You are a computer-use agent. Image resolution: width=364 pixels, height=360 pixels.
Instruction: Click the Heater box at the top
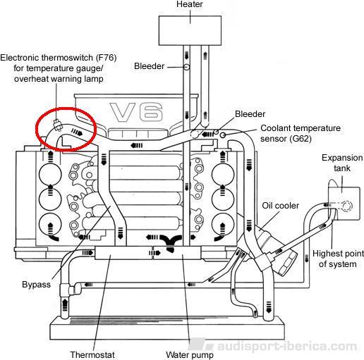pyautogui.click(x=190, y=30)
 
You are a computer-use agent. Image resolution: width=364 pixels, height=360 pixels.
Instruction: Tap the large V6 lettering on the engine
pyautogui.click(x=137, y=112)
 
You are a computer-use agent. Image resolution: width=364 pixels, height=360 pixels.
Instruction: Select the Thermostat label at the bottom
pyautogui.click(x=92, y=355)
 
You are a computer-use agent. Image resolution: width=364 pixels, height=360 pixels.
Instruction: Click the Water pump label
pyautogui.click(x=190, y=355)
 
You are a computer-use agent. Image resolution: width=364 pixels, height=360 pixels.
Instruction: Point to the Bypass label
pyautogui.click(x=36, y=285)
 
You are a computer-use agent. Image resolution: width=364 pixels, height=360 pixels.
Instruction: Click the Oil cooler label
pyautogui.click(x=280, y=206)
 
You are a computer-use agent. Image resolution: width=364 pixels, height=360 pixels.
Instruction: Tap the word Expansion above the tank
pyautogui.click(x=342, y=158)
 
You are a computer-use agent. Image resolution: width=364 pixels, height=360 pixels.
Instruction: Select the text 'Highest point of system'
pyautogui.click(x=338, y=259)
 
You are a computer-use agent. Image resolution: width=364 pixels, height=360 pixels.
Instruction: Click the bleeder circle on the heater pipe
pyautogui.click(x=186, y=67)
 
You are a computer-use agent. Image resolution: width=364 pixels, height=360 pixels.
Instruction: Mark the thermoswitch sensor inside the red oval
pyautogui.click(x=57, y=125)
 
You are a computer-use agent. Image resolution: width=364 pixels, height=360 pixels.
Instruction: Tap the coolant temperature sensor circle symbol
pyautogui.click(x=223, y=135)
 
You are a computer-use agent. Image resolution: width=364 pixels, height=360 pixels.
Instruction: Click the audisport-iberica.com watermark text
pyautogui.click(x=287, y=347)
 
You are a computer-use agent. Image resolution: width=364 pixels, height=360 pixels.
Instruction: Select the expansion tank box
pyautogui.click(x=344, y=204)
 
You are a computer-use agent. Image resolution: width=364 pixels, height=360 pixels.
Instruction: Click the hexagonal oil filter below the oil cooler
pyautogui.click(x=288, y=262)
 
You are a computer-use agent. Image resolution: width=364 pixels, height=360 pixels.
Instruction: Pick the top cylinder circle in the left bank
pyautogui.click(x=50, y=175)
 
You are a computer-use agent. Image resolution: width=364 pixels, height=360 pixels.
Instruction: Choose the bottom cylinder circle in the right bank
pyautogui.click(x=223, y=225)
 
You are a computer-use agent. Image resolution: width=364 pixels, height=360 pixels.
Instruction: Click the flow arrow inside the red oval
pyautogui.click(x=77, y=132)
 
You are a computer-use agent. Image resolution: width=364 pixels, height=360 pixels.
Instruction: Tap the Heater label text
pyautogui.click(x=190, y=4)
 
